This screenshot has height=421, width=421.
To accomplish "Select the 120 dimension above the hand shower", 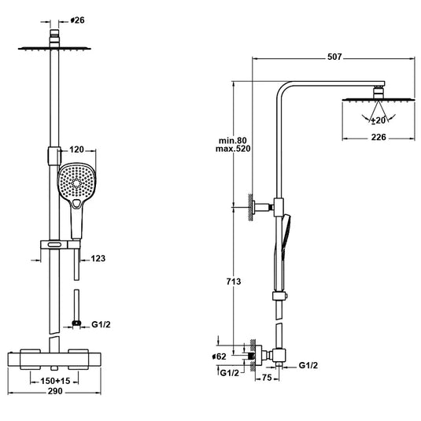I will pos(76,149).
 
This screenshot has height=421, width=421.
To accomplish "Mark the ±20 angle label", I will pos(379,120).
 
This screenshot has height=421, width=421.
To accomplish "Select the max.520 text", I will pos(236,150).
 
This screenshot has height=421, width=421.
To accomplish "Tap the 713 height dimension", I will pos(233,281).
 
